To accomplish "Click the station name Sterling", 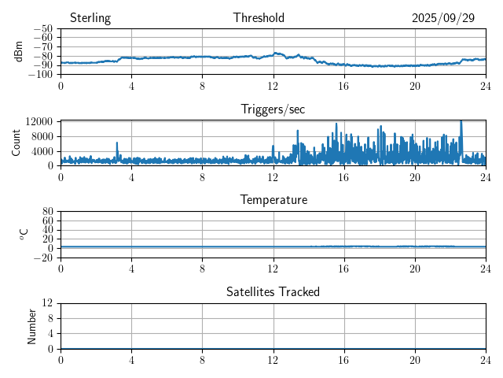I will click(90, 18).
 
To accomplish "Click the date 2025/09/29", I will click(443, 18).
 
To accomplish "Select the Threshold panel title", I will click(259, 18).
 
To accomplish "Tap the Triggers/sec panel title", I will click(273, 109).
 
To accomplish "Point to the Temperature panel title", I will click(273, 200).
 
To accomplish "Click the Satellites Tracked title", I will click(273, 291).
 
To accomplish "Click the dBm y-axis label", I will click(19, 51).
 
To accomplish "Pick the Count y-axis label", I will click(17, 143).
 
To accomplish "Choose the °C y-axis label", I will click(24, 234).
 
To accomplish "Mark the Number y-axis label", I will click(32, 325).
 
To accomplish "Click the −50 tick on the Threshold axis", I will click(42, 29).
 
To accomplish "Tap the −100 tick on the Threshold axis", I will click(40, 74).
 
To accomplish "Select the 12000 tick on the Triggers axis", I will click(39, 121).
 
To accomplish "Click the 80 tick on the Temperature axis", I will click(48, 211).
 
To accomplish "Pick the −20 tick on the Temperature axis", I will click(42, 258).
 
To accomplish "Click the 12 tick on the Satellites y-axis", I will click(48, 302).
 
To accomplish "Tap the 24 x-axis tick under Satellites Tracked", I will click(486, 359).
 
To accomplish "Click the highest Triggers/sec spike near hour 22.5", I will click(461, 121).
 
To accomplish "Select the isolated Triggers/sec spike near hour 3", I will click(117, 143).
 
